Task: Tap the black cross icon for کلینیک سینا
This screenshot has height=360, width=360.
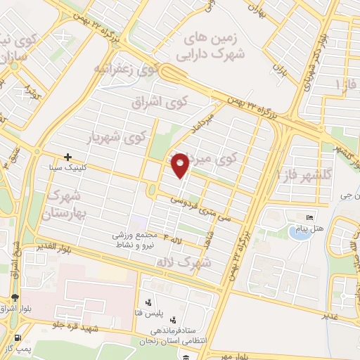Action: pos(67,157)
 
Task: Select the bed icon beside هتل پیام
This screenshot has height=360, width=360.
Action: pos(309,215)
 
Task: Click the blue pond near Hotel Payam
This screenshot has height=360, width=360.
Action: pos(300,233)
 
